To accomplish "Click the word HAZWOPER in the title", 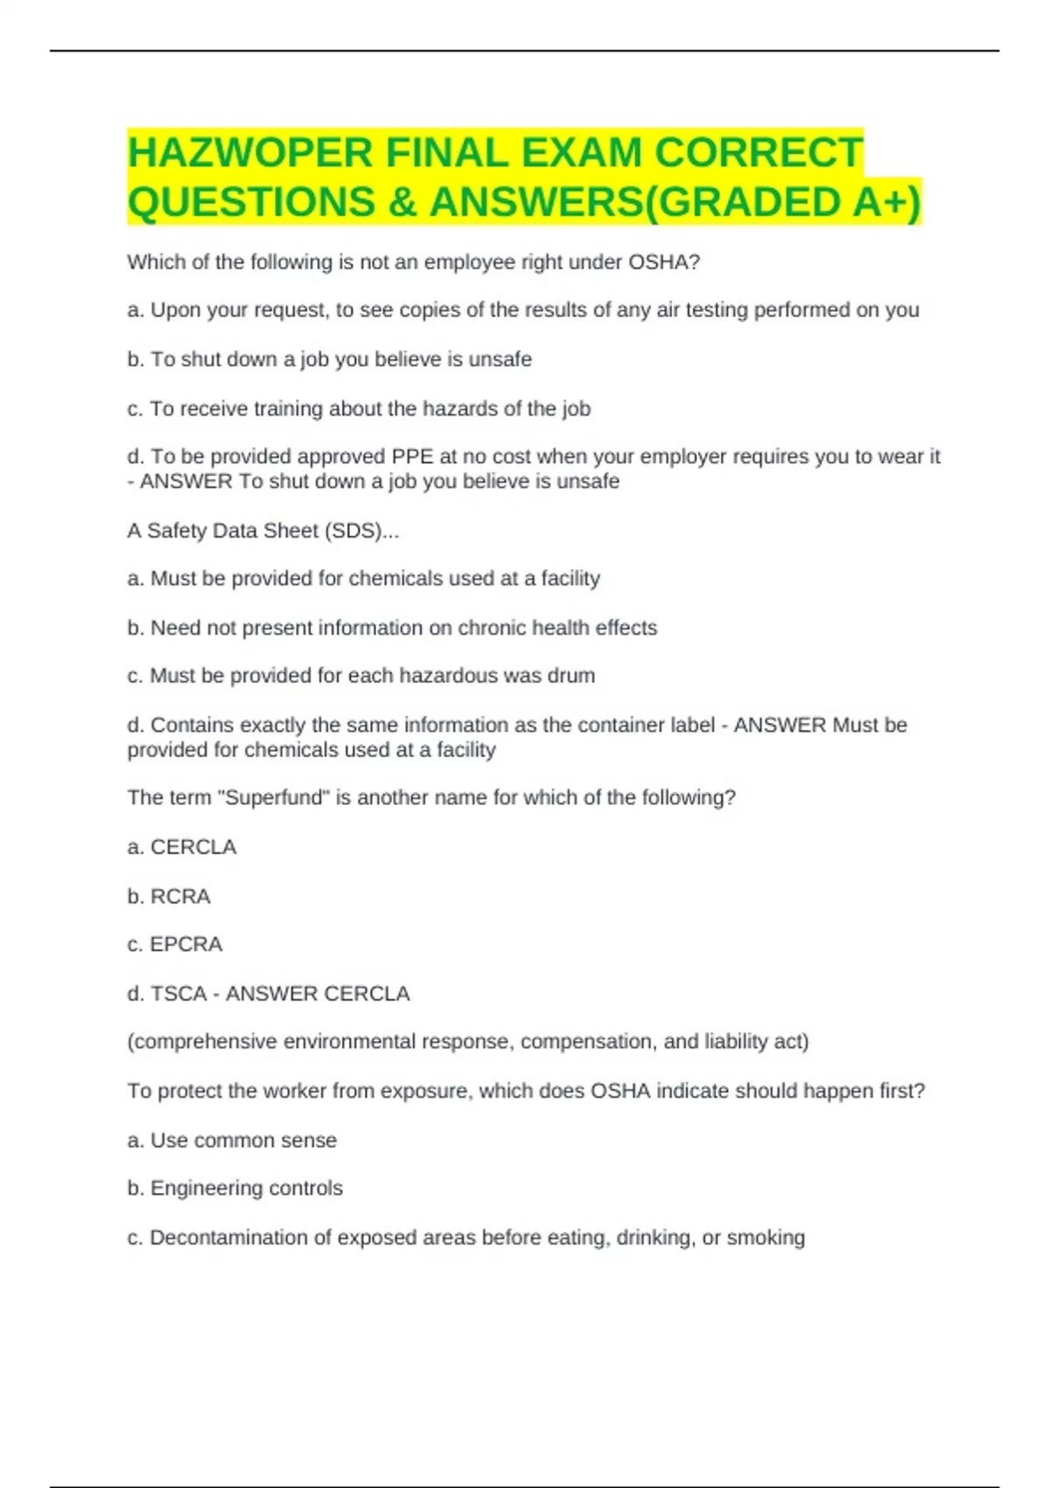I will pos(250,153).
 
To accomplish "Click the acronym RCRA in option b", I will pos(180,896).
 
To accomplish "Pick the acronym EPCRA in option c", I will pos(186,944).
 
